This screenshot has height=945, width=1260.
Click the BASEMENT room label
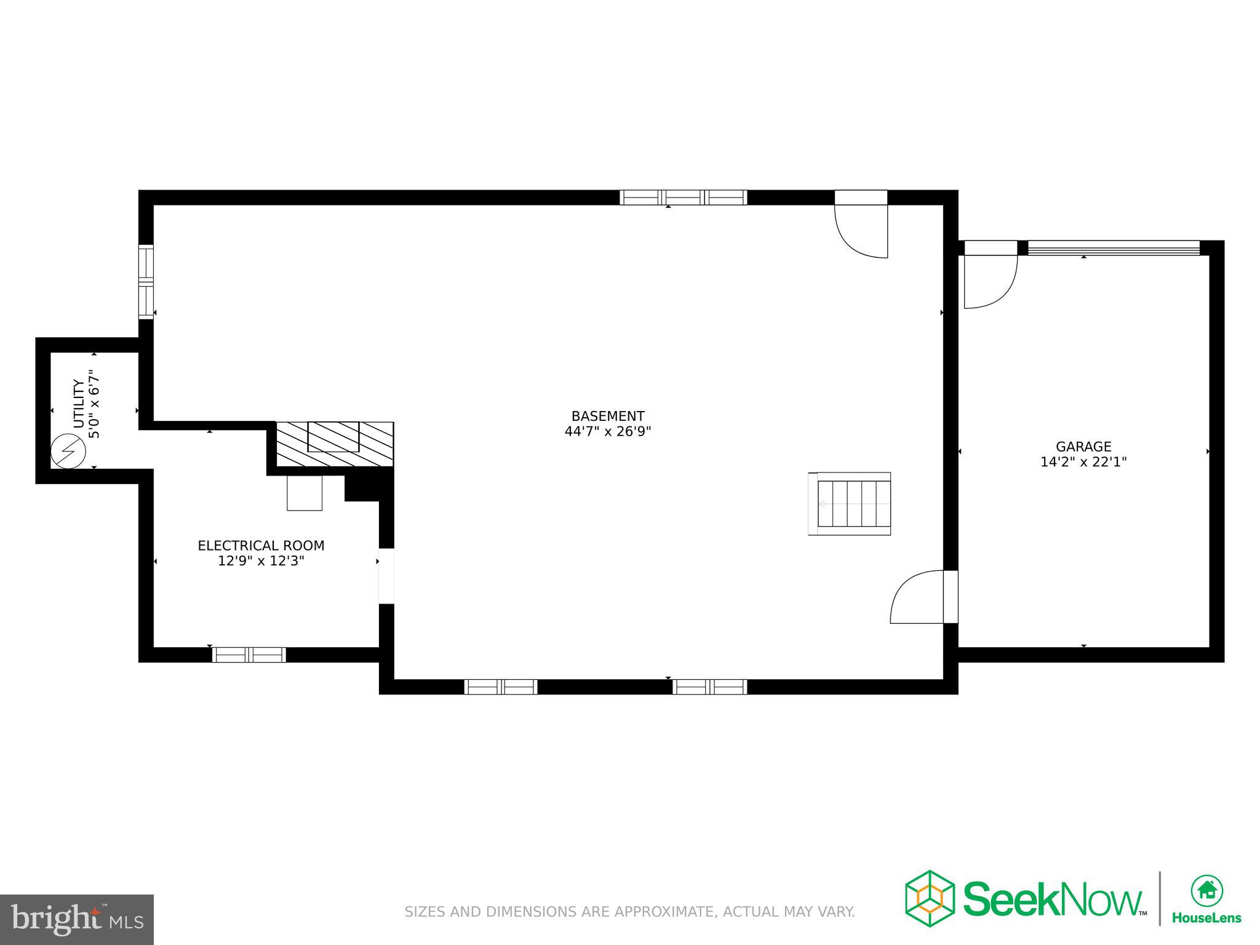tap(607, 416)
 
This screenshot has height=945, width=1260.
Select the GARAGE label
tap(1083, 447)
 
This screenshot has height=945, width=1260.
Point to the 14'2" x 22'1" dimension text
tap(1083, 462)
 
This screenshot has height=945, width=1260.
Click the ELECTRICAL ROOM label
tap(261, 546)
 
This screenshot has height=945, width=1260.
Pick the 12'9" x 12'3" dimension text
tap(261, 561)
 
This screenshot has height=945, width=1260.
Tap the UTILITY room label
tap(79, 404)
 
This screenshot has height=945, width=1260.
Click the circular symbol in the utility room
tap(68, 452)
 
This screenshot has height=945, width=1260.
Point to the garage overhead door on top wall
tap(1114, 248)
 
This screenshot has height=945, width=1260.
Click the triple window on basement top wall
tap(683, 197)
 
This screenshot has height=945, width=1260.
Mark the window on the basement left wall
tap(146, 282)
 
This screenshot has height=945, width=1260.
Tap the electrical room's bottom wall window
tap(249, 655)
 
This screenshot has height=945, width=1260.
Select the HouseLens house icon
tap(1206, 890)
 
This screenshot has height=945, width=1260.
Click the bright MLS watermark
tap(76, 919)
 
